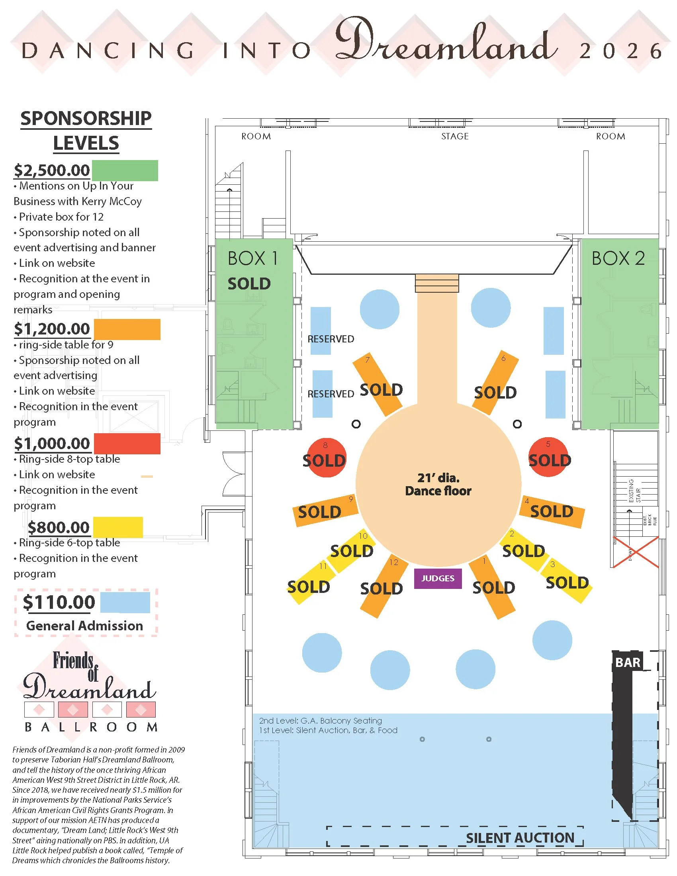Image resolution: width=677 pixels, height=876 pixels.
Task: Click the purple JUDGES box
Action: [x=438, y=579]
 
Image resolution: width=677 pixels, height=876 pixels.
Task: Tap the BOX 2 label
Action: [x=618, y=258]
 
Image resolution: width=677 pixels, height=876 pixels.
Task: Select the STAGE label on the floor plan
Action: [x=455, y=136]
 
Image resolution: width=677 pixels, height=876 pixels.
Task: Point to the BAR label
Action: [x=628, y=662]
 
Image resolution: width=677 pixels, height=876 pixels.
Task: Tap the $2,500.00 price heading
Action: [x=52, y=170]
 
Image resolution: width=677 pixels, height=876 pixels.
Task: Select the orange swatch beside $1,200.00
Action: [x=127, y=329]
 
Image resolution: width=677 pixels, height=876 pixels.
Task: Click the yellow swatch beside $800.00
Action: [x=118, y=527]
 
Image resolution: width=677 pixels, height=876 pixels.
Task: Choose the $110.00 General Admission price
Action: [x=59, y=602]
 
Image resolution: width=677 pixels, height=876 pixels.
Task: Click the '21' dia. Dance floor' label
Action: [x=438, y=484]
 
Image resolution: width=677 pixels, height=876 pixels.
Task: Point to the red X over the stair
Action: [x=634, y=552]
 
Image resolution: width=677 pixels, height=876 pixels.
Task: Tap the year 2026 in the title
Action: [x=620, y=51]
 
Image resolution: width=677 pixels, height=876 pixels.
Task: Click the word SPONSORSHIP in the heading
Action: [x=86, y=119]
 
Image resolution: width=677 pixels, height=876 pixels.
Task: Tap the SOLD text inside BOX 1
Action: [x=249, y=284]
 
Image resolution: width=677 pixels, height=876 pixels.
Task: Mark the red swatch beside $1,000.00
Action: [x=127, y=443]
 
